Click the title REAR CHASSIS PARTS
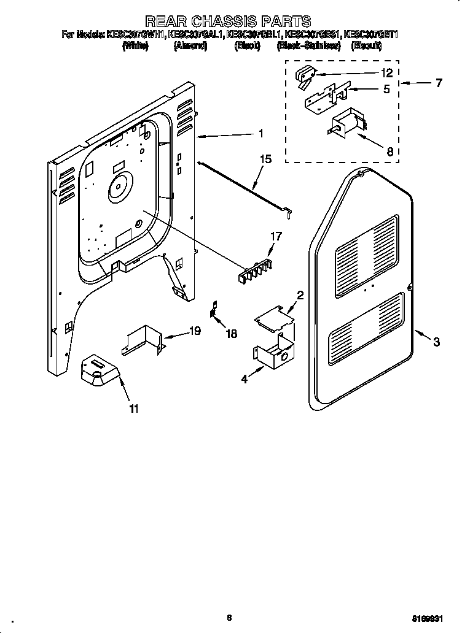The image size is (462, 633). click(227, 22)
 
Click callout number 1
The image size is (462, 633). click(261, 133)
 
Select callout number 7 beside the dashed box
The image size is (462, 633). click(439, 83)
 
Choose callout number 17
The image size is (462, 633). click(276, 235)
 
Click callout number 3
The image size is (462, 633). click(436, 342)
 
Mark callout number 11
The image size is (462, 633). click(133, 409)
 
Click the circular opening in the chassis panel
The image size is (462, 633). click(119, 186)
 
